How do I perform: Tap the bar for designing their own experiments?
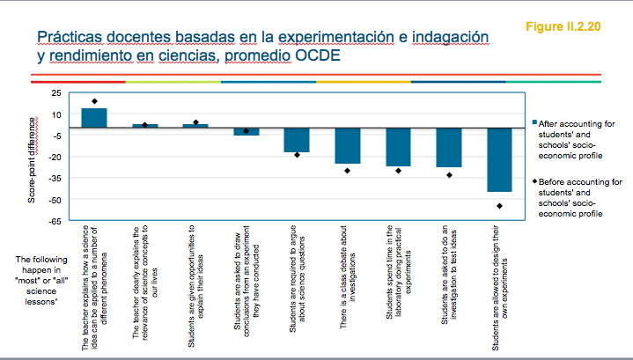tap(500, 159)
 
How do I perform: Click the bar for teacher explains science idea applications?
tap(93, 118)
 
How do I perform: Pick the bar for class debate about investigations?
tap(348, 146)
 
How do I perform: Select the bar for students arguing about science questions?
tap(297, 140)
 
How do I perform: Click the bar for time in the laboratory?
tap(398, 147)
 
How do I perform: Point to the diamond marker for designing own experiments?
tap(499, 206)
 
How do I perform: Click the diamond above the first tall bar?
tap(94, 101)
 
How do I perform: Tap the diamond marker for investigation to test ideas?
tap(449, 175)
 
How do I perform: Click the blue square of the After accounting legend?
tap(534, 124)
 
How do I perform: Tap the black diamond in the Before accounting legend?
tap(534, 183)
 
